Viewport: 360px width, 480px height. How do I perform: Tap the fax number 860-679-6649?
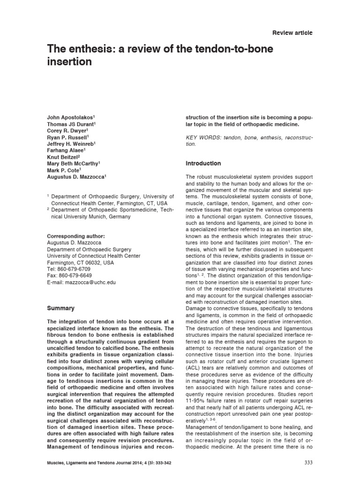76,276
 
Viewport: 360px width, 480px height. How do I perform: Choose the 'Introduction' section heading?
203,164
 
